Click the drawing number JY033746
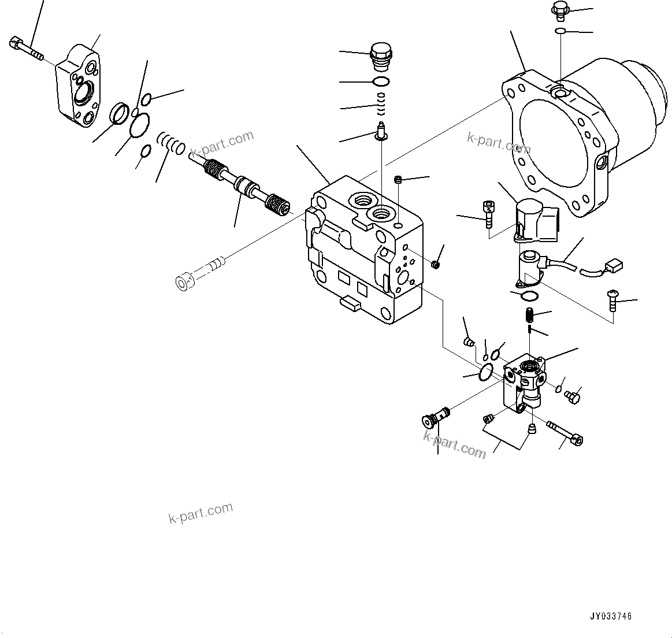tap(611, 616)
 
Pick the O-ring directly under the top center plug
tap(380, 81)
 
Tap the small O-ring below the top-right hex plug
tap(560, 31)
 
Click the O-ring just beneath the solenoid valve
tap(529, 296)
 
